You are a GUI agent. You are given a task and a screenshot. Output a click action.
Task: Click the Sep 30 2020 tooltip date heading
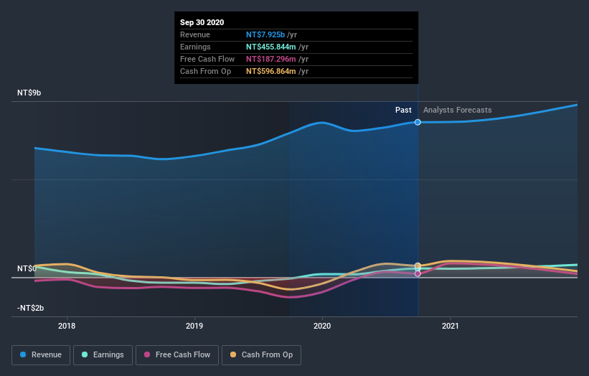[202, 22]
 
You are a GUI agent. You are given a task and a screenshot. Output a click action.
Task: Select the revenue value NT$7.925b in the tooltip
[265, 34]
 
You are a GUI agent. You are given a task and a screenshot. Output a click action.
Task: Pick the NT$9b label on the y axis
[30, 93]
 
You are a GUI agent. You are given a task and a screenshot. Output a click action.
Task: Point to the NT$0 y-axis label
[27, 268]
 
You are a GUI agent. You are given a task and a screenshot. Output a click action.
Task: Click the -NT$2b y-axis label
[31, 308]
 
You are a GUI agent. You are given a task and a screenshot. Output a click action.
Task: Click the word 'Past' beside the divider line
[403, 110]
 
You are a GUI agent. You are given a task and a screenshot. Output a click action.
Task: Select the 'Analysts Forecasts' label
[457, 110]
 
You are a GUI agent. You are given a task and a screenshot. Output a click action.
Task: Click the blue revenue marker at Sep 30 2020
[418, 122]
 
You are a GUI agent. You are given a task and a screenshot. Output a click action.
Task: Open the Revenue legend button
[42, 354]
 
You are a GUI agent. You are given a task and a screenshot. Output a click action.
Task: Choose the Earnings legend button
[103, 354]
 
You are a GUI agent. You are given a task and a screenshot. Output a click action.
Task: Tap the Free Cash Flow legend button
[177, 354]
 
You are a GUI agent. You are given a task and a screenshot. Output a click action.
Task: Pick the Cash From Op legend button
[262, 354]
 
